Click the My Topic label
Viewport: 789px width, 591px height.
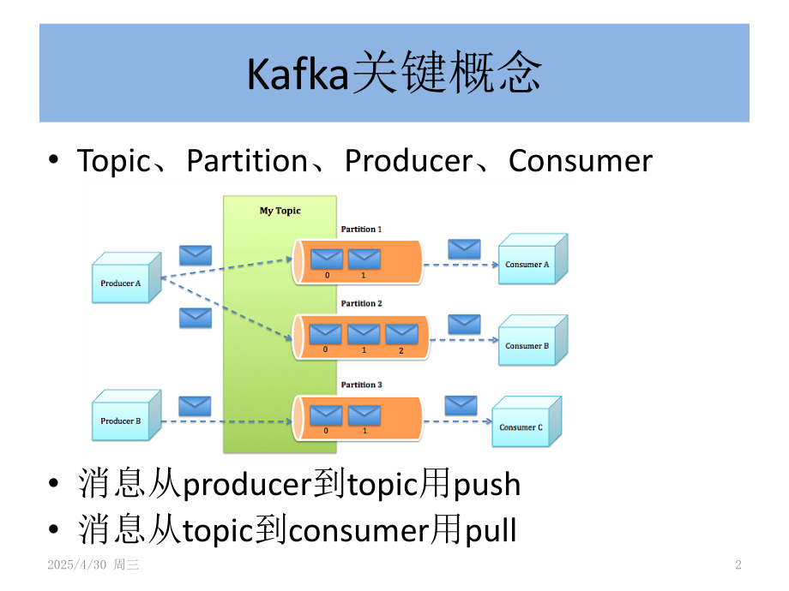[x=280, y=211]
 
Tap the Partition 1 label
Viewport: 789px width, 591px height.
[x=361, y=230]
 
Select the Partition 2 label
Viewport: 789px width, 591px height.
[x=361, y=303]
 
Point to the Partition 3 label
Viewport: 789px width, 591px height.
[x=361, y=385]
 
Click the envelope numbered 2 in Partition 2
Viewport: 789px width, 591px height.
[x=401, y=334]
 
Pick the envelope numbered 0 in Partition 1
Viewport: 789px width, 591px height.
[x=327, y=259]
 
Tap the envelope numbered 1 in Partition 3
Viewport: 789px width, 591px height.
[x=364, y=415]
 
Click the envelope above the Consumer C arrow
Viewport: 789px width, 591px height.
[x=461, y=405]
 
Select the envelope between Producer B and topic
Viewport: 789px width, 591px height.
[x=195, y=405]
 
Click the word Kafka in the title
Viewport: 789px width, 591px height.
[x=299, y=74]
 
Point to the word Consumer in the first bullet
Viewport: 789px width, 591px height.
[x=581, y=161]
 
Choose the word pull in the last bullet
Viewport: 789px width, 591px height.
[x=491, y=530]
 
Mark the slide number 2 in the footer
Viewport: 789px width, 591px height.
[x=738, y=565]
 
